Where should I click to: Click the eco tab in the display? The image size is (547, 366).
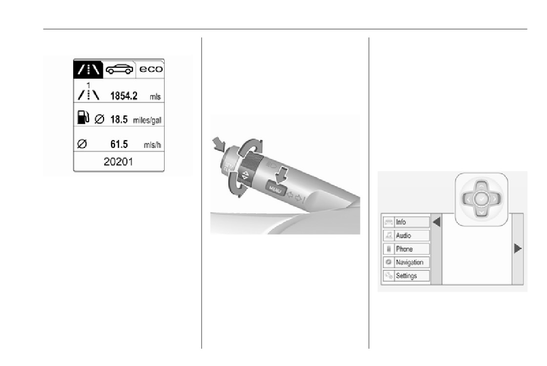[151, 69]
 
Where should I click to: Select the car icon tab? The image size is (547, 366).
[119, 69]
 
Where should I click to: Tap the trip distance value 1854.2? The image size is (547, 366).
[124, 96]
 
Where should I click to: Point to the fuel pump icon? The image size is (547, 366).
[83, 118]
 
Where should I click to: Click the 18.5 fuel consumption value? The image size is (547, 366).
[119, 120]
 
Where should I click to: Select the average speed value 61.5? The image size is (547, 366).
[119, 144]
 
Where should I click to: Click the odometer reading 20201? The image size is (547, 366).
[118, 162]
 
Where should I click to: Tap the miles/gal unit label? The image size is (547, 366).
[147, 121]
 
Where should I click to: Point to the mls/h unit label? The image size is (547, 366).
[152, 145]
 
